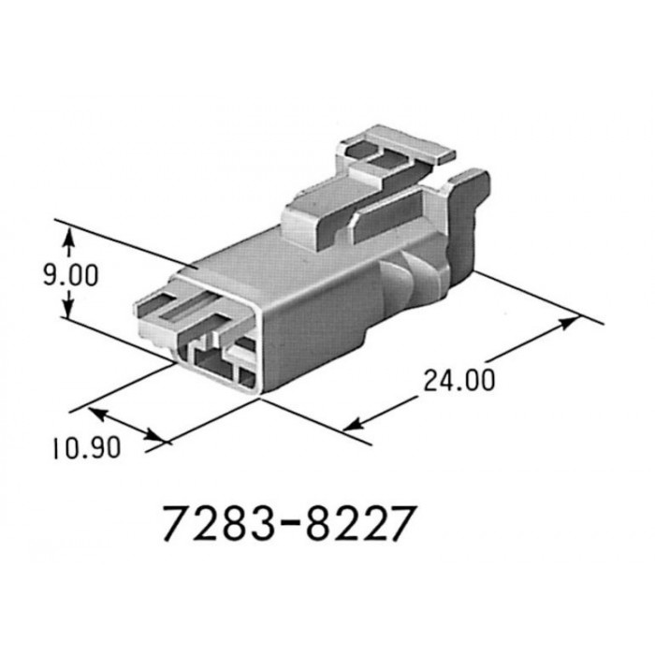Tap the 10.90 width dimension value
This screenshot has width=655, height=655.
coord(86,448)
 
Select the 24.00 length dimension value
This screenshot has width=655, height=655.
coord(458,380)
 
